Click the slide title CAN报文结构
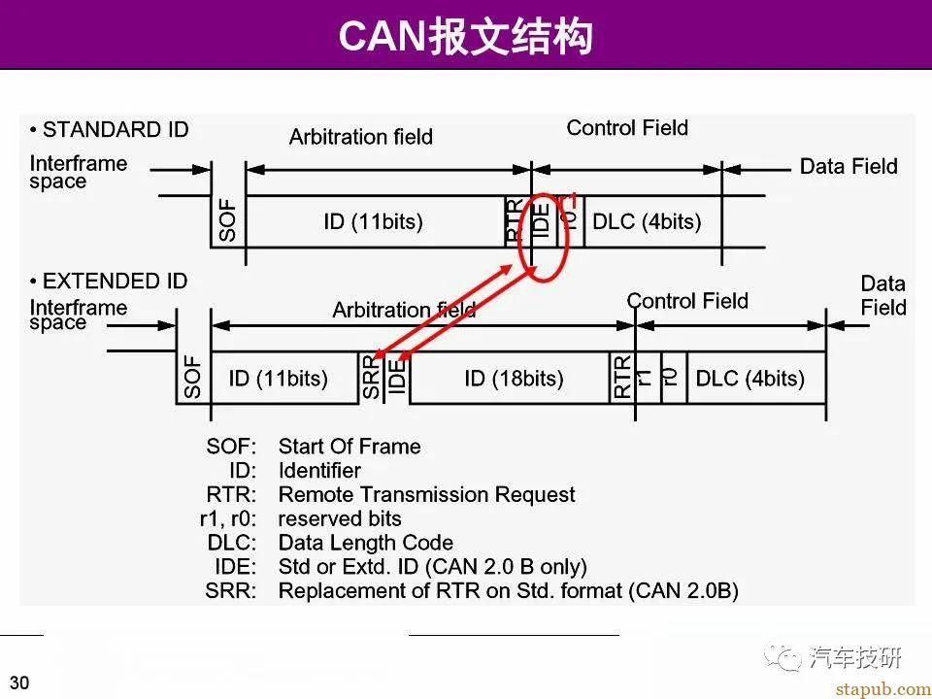click(x=465, y=37)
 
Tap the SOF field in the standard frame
click(x=228, y=222)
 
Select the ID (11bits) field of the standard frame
click(x=373, y=222)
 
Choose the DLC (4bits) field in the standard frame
click(x=647, y=222)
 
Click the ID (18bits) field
click(x=514, y=379)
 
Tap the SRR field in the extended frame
click(x=372, y=379)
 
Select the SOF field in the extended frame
click(x=193, y=379)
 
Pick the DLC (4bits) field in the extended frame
click(x=749, y=379)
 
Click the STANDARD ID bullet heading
click(x=110, y=130)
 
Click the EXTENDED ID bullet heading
click(x=109, y=282)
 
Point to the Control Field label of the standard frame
click(x=627, y=128)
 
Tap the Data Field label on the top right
click(x=849, y=167)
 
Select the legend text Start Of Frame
click(x=349, y=447)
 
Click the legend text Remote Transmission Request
click(x=426, y=495)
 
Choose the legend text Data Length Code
click(x=365, y=543)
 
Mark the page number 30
click(x=19, y=682)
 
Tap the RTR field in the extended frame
click(x=622, y=379)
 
